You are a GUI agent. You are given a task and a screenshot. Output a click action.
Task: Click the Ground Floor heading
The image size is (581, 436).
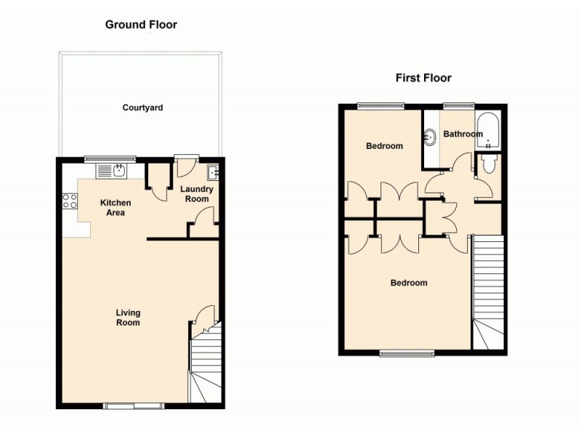(141, 25)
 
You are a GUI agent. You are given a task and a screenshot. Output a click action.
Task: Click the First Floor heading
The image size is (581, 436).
(423, 78)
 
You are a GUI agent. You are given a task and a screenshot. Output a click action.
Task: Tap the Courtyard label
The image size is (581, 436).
(142, 108)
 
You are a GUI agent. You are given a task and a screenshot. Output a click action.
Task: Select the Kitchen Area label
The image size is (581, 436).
(115, 208)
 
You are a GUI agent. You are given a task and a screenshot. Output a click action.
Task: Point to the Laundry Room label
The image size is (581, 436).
(197, 194)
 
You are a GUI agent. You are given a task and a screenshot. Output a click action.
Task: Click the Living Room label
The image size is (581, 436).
(128, 318)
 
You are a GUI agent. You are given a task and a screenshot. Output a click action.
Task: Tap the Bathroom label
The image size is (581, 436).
(463, 134)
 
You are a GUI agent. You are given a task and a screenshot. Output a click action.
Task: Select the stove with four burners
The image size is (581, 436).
(70, 201)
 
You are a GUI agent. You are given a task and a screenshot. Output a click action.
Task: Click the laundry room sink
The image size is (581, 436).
(213, 172)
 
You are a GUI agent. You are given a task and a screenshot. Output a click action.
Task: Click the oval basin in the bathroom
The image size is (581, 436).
(430, 135)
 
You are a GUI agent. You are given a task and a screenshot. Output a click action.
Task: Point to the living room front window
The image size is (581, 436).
(133, 405)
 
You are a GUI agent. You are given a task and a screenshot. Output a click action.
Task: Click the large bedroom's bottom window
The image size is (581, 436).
(407, 354)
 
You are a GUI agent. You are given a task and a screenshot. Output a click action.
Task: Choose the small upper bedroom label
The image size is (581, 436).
(383, 146)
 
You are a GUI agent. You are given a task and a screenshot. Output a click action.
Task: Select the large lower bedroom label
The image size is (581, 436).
(409, 283)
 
